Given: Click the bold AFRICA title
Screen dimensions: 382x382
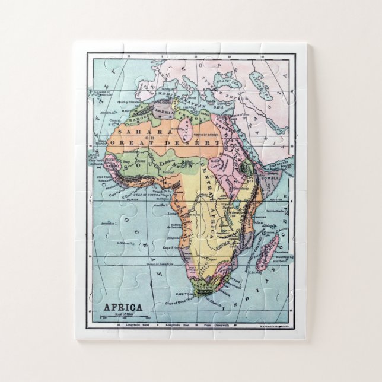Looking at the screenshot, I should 123,307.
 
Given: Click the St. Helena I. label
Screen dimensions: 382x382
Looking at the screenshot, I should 127,243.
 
